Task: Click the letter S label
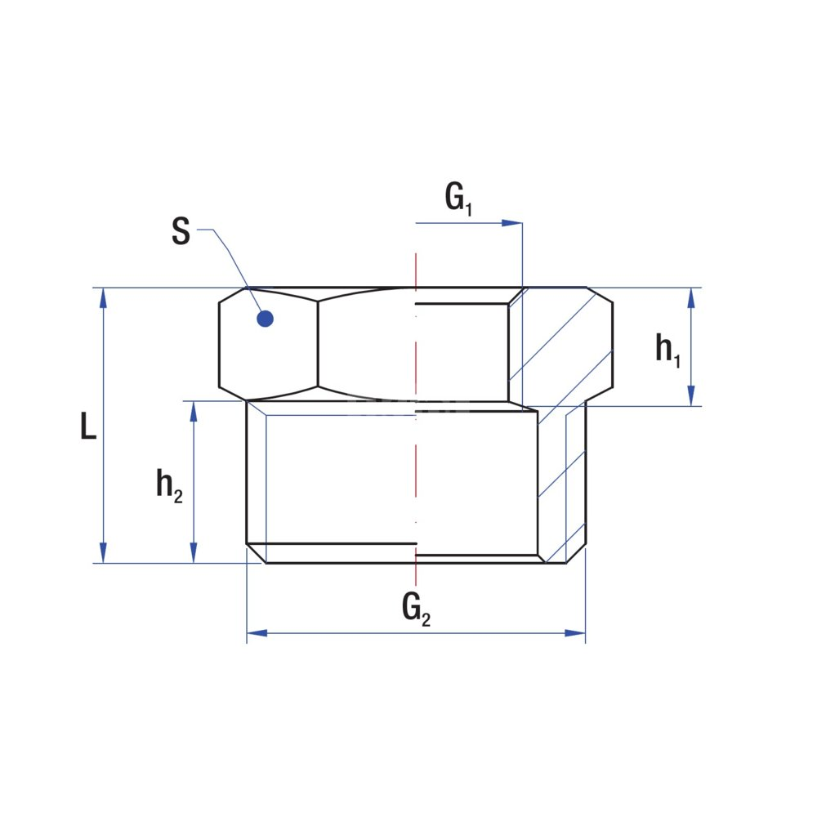click(x=181, y=231)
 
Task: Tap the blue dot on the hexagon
click(x=266, y=319)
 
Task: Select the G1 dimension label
click(x=458, y=199)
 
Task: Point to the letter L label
click(x=88, y=425)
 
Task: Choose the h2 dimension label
click(x=169, y=485)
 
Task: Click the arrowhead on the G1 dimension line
click(x=511, y=223)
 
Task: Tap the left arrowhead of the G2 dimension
click(x=257, y=633)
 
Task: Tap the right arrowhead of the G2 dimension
click(x=575, y=633)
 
